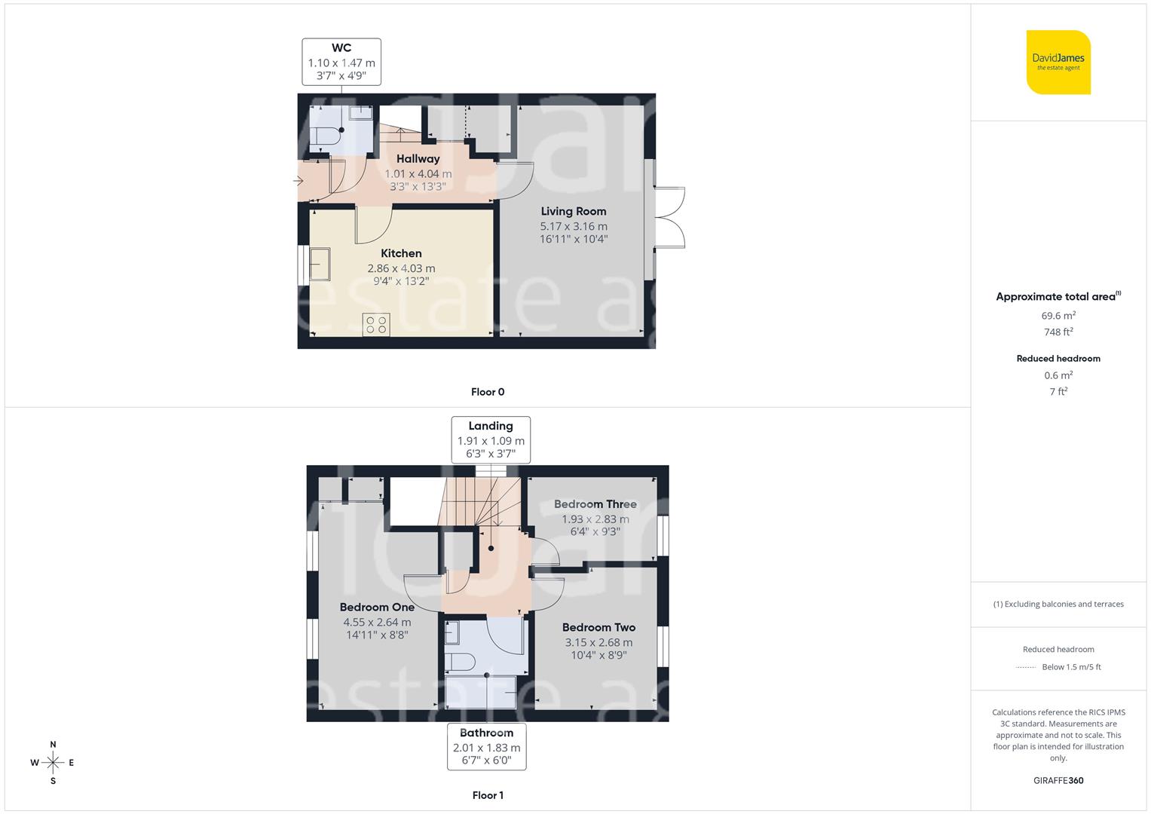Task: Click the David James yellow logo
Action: point(1058,63)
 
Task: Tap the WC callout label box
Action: point(341,62)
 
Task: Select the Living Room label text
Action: point(573,212)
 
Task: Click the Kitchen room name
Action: point(401,254)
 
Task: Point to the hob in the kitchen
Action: point(376,325)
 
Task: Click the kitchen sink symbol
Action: point(320,264)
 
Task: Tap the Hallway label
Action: point(418,159)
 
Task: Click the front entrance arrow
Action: point(298,181)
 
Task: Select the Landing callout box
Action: point(491,439)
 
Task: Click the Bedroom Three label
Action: point(595,504)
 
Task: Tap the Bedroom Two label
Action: point(598,628)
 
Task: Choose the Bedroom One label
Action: point(377,607)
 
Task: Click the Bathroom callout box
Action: point(486,746)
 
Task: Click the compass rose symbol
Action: point(53,763)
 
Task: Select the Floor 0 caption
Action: point(488,392)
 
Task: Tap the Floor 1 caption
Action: point(488,795)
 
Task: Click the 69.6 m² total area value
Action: point(1058,316)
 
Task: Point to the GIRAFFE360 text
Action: point(1058,780)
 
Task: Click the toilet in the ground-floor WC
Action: point(325,136)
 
